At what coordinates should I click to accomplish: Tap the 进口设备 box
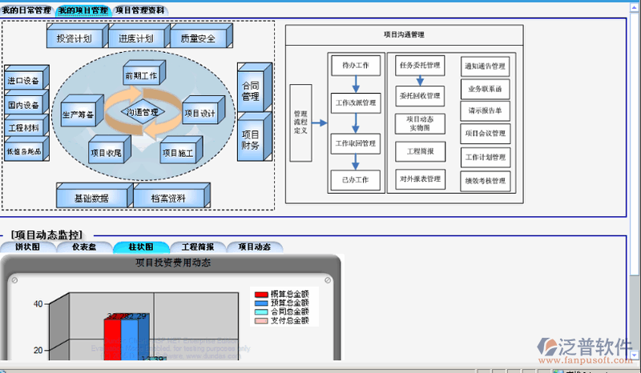(x=24, y=81)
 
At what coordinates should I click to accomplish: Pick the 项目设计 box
(x=200, y=114)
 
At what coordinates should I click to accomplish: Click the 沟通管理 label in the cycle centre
(x=143, y=113)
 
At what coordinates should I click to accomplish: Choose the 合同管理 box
(x=251, y=90)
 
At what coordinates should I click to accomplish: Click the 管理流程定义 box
(x=300, y=122)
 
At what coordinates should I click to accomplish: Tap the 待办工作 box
(x=355, y=65)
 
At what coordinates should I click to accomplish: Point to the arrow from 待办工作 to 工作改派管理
(x=355, y=84)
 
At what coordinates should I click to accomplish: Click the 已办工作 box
(x=355, y=180)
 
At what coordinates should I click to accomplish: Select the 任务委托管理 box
(x=420, y=66)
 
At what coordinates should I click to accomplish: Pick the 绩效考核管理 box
(x=486, y=181)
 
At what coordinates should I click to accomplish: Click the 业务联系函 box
(x=486, y=89)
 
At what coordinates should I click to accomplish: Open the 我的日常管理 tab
(x=26, y=11)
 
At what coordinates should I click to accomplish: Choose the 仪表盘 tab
(x=84, y=247)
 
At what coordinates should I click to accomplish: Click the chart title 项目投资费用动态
(x=172, y=262)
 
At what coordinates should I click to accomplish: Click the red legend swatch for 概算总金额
(x=260, y=295)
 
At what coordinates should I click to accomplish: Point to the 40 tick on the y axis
(x=38, y=304)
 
